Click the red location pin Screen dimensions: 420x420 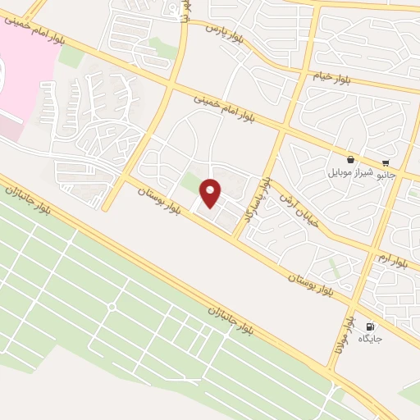[212, 193]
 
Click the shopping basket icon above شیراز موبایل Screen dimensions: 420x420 [351, 160]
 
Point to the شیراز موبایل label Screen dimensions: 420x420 [351, 173]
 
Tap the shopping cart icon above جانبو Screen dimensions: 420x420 [386, 162]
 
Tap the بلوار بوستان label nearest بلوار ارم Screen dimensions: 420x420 [311, 285]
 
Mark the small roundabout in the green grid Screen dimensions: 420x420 [112, 307]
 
